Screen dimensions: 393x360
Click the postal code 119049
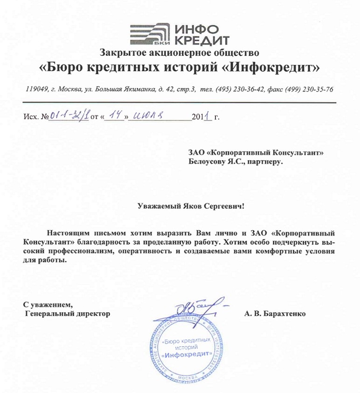pos(37,89)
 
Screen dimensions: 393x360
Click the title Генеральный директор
pos(67,314)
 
